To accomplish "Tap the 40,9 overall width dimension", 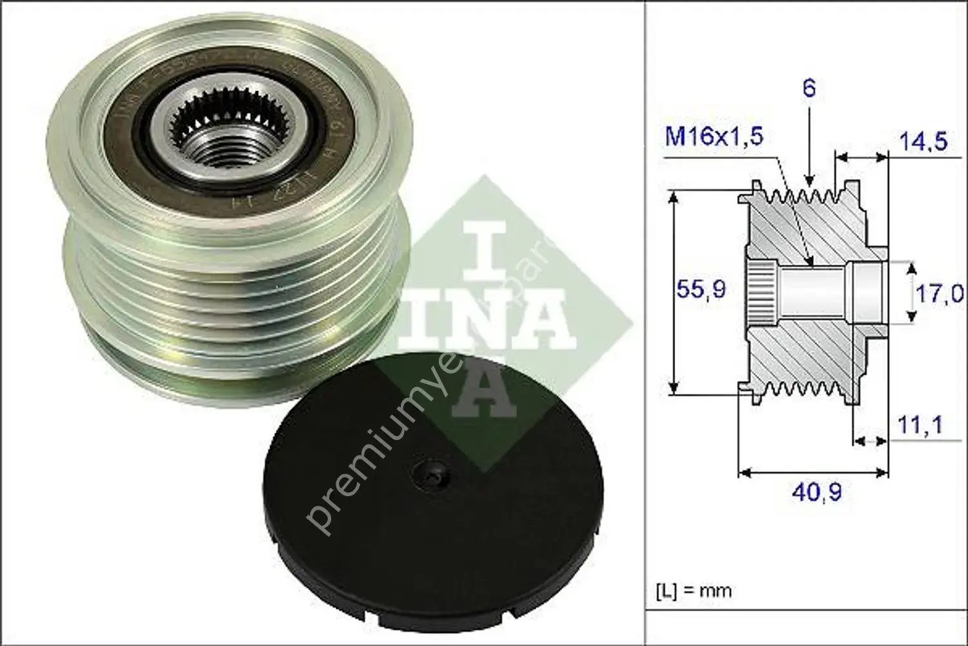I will tap(816, 493).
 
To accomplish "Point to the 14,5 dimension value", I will tap(923, 141).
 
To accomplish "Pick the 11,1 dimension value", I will tap(920, 425).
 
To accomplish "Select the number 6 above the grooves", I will tap(809, 88).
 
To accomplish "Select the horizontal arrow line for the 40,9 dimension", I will tap(813, 473).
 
